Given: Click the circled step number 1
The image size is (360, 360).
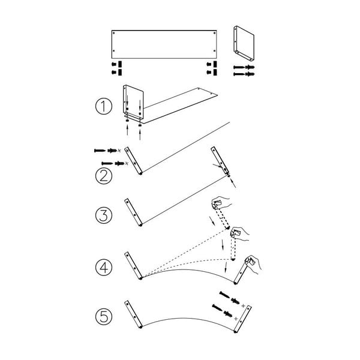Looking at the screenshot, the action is coord(104,106).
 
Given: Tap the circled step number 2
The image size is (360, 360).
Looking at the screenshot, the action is coord(104,176).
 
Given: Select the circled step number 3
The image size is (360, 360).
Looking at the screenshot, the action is coord(104,215).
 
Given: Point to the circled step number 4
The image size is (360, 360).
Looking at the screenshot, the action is coord(104,267).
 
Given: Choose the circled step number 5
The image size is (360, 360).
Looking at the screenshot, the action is coord(104,317).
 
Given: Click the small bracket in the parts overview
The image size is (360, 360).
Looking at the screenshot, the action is coord(244,43).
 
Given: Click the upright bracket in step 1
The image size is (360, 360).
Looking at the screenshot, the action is coord(133,102).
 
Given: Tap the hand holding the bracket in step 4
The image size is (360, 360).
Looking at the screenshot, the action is coord(253,264).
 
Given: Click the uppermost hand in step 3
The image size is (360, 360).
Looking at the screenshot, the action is coord(220,202).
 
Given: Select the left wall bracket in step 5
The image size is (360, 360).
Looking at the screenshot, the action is coord(133,314).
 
